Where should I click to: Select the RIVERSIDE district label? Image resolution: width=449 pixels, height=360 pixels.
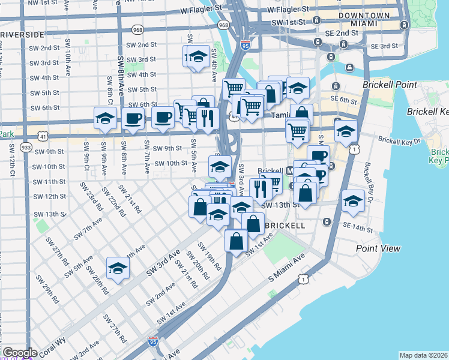tap(22, 35)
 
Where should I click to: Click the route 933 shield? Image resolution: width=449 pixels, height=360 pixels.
tap(26, 147)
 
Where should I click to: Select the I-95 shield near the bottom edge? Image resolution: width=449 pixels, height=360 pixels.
tap(153, 341)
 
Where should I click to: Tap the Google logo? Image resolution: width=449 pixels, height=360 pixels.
tap(19, 353)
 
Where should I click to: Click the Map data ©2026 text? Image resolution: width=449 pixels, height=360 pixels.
tap(423, 355)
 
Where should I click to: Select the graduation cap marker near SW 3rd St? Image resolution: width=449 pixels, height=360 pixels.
tap(196, 57)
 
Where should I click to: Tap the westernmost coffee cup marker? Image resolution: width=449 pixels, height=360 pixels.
tap(133, 118)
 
